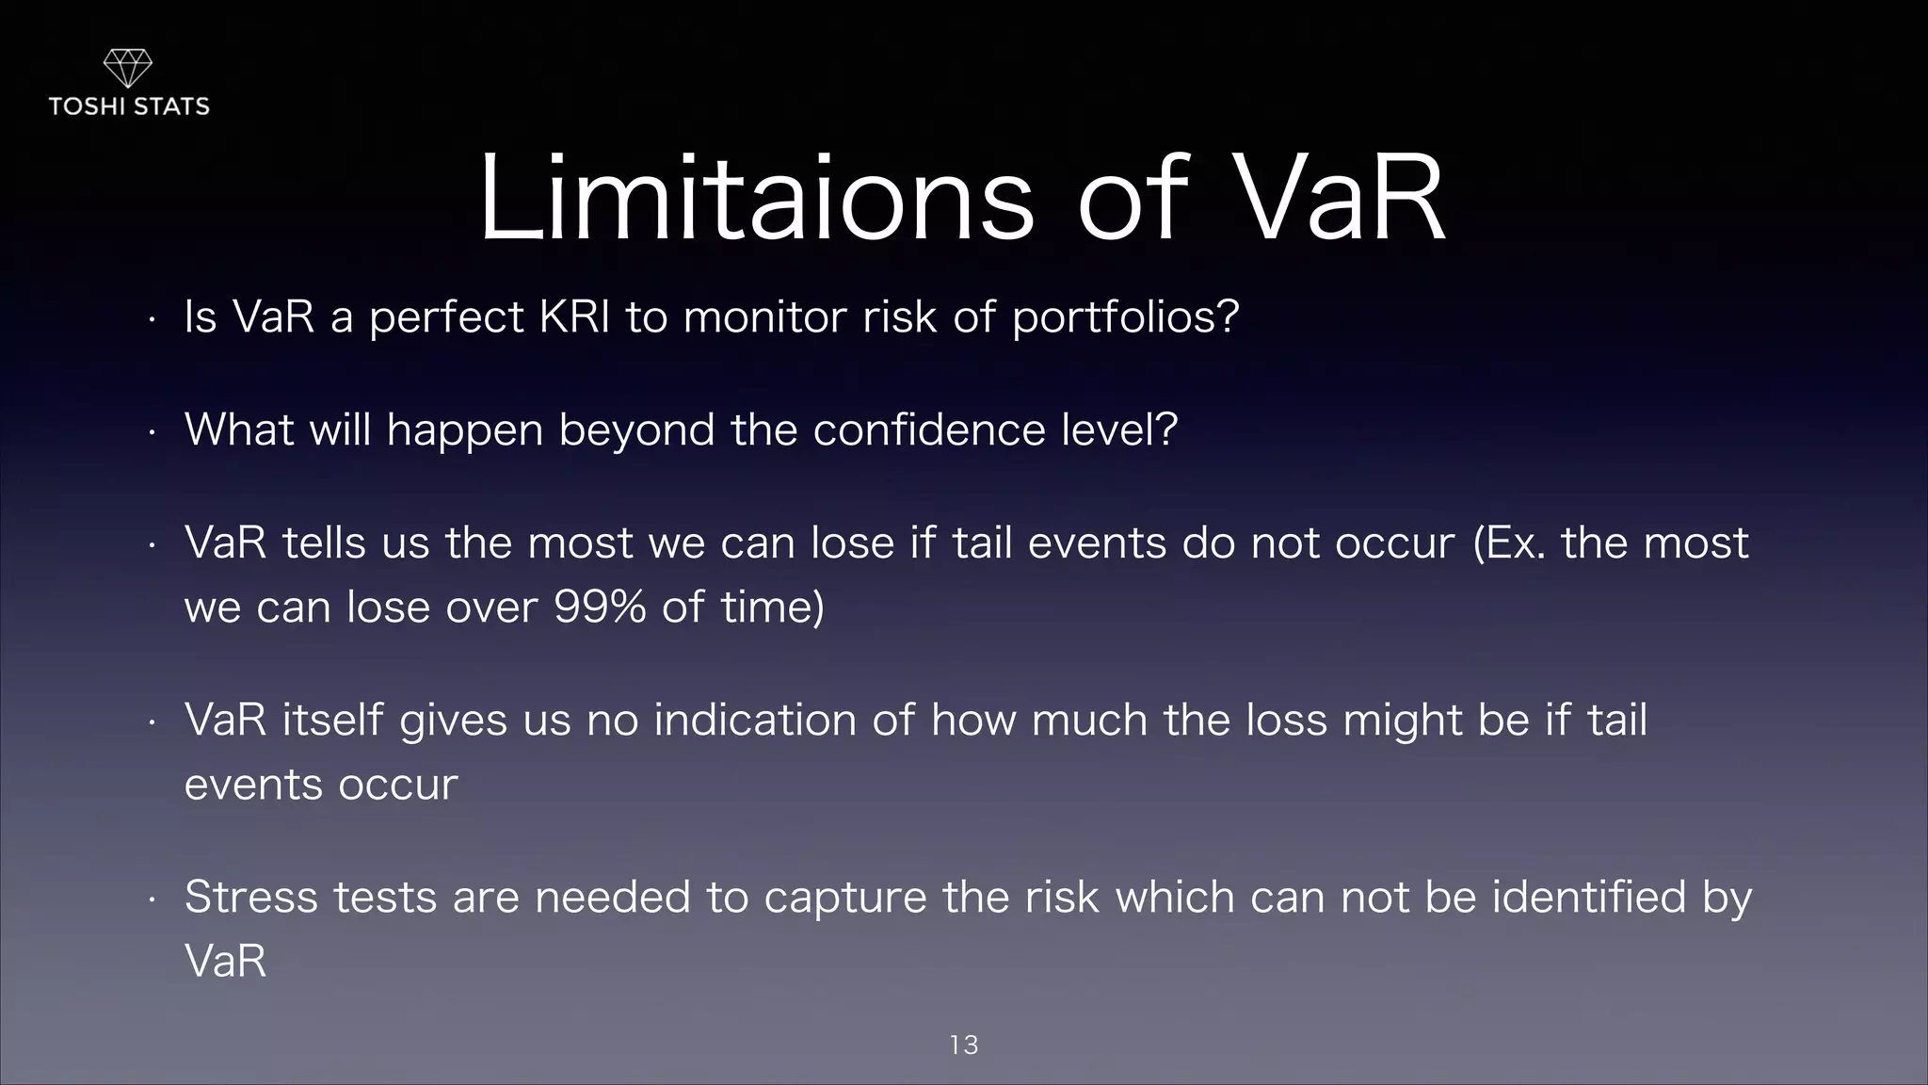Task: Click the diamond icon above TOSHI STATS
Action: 127,68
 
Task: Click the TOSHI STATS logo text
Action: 129,106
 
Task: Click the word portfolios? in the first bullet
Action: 1125,317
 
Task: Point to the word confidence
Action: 928,430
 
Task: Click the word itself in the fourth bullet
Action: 332,721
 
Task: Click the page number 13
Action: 964,1045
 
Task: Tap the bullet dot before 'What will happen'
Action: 151,433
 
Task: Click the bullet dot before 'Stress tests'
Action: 151,900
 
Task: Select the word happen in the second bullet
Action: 464,430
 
